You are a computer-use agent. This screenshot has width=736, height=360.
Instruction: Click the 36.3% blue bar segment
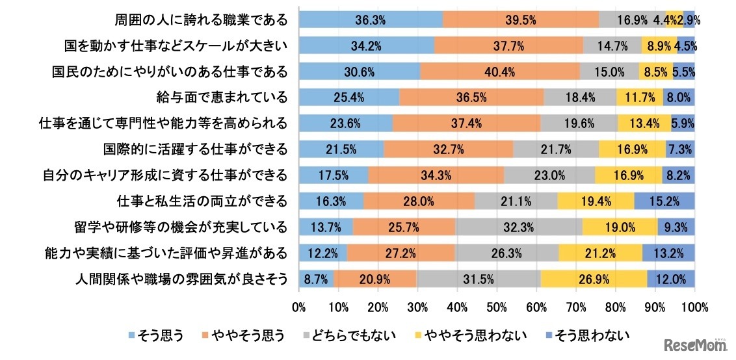pos(371,19)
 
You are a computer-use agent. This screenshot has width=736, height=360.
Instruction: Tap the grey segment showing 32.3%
pos(518,227)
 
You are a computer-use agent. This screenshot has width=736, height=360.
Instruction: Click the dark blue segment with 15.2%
pos(664,201)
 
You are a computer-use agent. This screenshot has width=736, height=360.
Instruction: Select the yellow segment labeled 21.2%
pos(600,253)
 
